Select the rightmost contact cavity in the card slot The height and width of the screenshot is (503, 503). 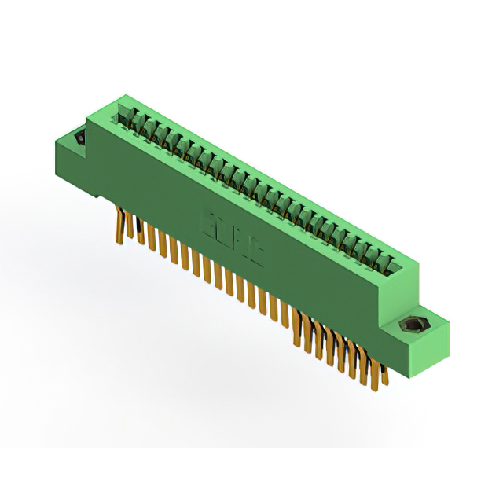386,262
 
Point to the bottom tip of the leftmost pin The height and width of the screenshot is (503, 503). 120,242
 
